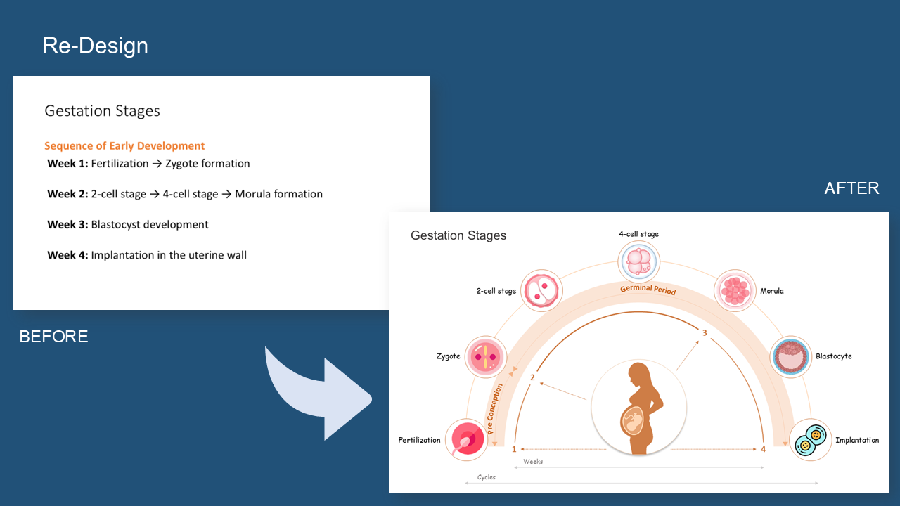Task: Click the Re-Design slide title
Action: (95, 46)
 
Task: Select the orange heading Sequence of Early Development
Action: (124, 145)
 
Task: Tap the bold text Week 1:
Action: (67, 164)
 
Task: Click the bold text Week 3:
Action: (67, 224)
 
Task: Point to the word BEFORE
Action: (54, 337)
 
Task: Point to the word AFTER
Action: (851, 188)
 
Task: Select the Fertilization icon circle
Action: (467, 439)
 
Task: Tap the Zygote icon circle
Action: (486, 356)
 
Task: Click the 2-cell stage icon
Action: (541, 290)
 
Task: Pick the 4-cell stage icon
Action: (639, 261)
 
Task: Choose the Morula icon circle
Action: (735, 290)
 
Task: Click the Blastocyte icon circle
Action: (791, 356)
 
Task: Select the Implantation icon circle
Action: (811, 439)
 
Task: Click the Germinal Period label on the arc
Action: (648, 289)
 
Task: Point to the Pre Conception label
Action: (494, 409)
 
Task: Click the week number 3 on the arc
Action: (705, 333)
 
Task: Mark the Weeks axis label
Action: (533, 462)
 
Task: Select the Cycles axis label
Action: (486, 477)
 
